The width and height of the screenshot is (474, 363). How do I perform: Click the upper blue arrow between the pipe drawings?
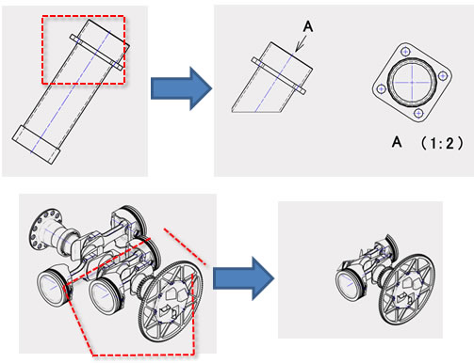click(181, 88)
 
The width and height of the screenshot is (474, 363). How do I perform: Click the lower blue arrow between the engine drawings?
click(243, 278)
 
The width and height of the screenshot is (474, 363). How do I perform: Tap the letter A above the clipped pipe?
click(308, 26)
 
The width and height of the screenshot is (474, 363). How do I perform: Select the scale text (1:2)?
click(442, 143)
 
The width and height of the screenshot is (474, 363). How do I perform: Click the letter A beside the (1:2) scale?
click(397, 142)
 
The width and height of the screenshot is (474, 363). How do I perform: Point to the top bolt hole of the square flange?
click(406, 52)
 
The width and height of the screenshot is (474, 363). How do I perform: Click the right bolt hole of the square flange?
click(443, 76)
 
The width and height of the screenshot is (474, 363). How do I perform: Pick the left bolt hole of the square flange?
click(382, 89)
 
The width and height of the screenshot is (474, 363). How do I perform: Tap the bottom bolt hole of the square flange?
click(418, 113)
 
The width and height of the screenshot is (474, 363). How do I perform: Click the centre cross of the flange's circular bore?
click(412, 82)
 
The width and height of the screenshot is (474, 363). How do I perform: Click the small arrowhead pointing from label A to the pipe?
click(299, 47)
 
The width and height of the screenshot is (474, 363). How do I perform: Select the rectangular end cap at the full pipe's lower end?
click(36, 145)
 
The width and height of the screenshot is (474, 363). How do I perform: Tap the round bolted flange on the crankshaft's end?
click(45, 229)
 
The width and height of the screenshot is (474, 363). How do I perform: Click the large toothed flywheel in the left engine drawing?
click(171, 301)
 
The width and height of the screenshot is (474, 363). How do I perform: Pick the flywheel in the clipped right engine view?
click(408, 289)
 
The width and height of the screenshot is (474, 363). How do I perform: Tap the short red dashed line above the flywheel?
click(185, 246)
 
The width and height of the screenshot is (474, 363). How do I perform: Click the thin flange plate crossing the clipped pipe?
click(278, 75)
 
